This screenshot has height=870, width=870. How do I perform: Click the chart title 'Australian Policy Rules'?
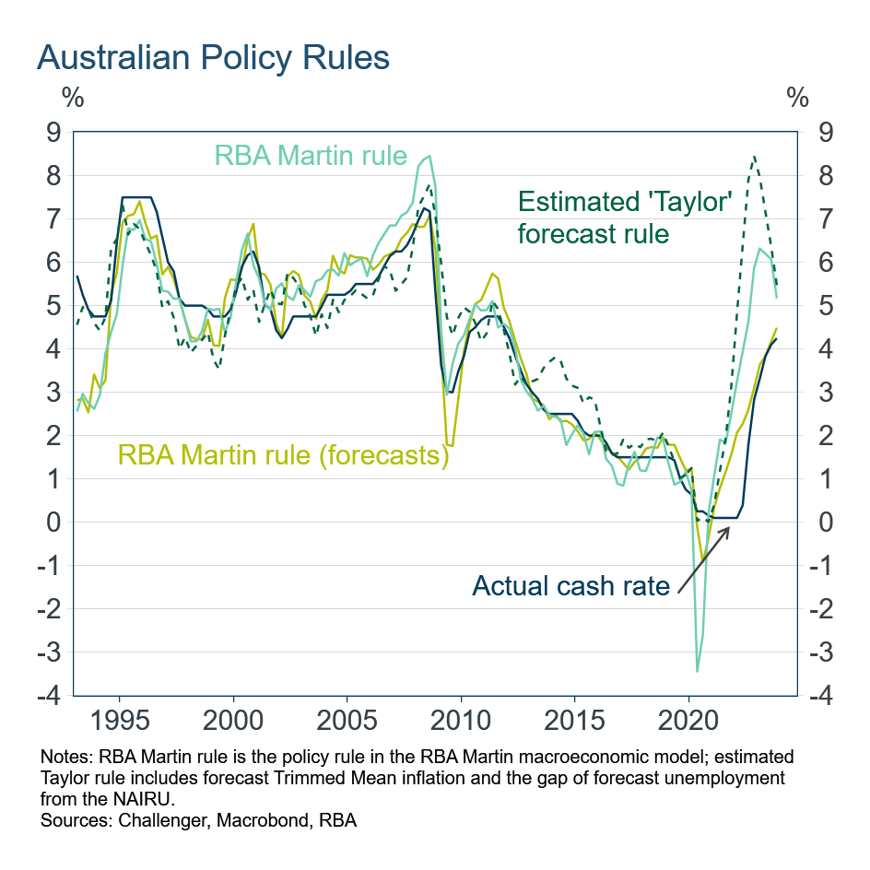pyautogui.click(x=213, y=57)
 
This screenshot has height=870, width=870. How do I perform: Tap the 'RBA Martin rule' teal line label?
pyautogui.click(x=311, y=155)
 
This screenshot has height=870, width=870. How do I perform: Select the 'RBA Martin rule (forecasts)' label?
pyautogui.click(x=282, y=454)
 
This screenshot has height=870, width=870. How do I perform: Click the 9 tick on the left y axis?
pyautogui.click(x=53, y=132)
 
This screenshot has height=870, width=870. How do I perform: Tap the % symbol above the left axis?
pyautogui.click(x=72, y=96)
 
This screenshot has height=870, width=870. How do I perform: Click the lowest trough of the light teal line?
pyautogui.click(x=697, y=671)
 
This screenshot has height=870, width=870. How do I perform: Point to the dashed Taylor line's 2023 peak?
pyautogui.click(x=755, y=157)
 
